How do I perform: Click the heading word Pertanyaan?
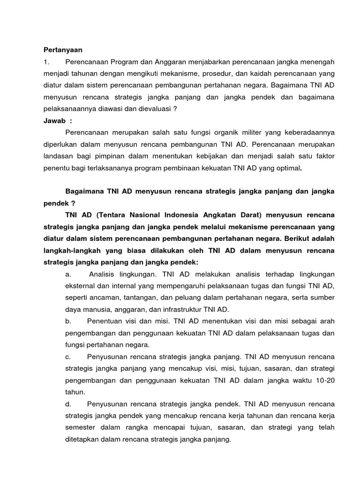coord(62,50)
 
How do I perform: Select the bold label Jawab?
coord(55,120)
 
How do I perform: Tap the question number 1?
coord(46,62)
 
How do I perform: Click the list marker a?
coord(68,274)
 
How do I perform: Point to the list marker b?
coord(68,321)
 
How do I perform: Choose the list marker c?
coord(68,357)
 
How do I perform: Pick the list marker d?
coord(68,404)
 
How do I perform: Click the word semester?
coord(80,427)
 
